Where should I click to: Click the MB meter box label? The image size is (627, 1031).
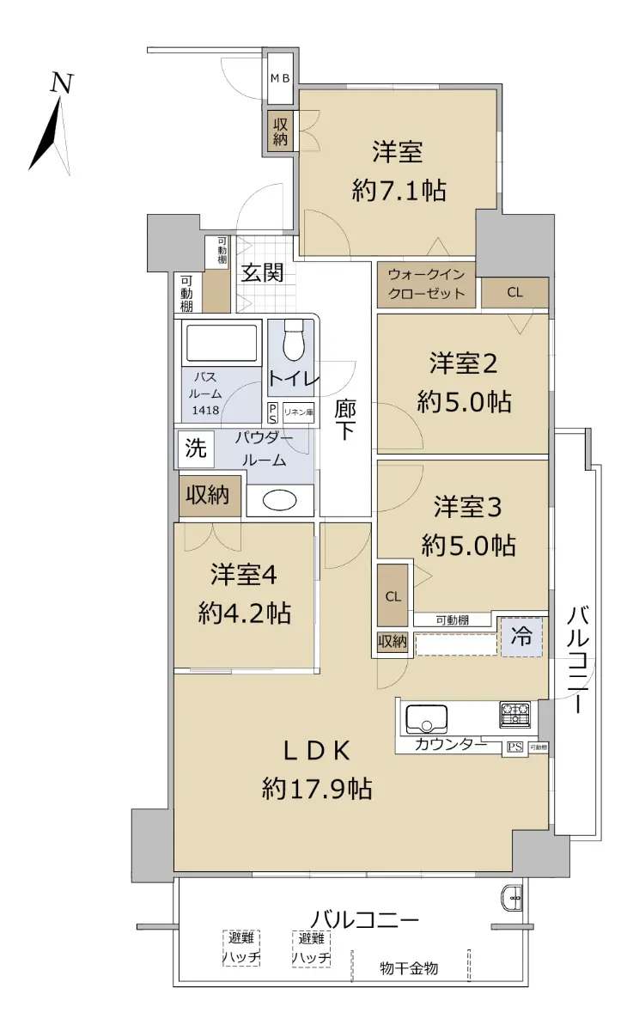point(280,79)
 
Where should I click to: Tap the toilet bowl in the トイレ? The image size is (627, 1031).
point(294,340)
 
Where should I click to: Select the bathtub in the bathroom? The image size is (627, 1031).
point(222,344)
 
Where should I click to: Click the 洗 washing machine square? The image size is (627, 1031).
point(197,448)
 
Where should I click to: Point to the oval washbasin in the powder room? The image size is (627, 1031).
point(279,499)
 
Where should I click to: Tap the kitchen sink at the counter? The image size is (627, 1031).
point(426,719)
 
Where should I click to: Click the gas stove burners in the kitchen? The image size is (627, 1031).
point(514,714)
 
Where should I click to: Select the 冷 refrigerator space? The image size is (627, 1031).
point(521,637)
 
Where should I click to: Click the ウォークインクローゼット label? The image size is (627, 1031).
point(426,284)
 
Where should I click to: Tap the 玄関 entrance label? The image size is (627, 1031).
point(263,273)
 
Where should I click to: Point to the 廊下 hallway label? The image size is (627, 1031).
point(345,419)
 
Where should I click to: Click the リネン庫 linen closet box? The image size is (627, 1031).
point(299,412)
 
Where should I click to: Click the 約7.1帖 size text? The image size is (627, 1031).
point(399,190)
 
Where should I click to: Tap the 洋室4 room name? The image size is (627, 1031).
point(244,575)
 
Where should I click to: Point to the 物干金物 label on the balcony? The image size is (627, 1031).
point(409,968)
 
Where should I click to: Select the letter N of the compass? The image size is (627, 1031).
point(62,84)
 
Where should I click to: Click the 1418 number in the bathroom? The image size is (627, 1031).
point(205,410)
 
